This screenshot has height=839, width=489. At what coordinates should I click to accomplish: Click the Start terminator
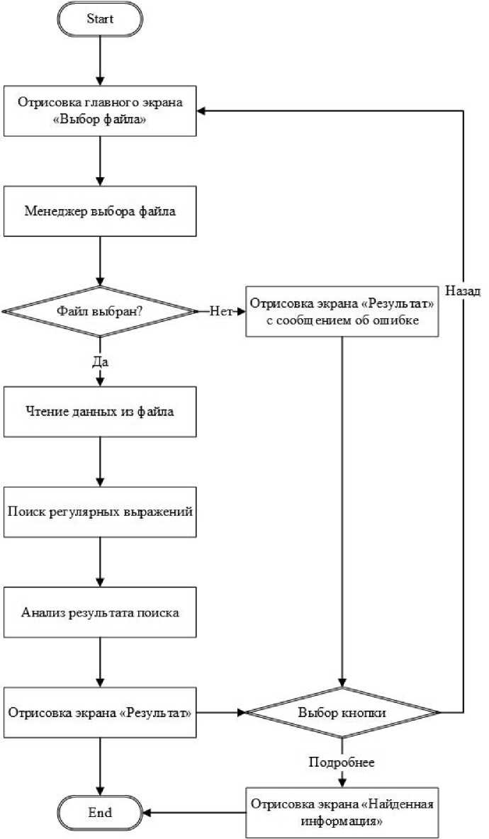tap(100, 20)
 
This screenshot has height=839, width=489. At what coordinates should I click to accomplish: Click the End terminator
tap(100, 813)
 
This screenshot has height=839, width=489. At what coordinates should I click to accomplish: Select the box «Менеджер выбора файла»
tap(100, 211)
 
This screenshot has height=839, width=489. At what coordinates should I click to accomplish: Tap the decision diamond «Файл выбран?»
tap(100, 311)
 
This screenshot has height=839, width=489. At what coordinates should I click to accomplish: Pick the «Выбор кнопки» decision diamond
tap(342, 713)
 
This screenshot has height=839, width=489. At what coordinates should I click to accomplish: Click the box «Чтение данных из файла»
tap(100, 412)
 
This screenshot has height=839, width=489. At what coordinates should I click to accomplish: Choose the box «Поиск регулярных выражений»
tap(100, 512)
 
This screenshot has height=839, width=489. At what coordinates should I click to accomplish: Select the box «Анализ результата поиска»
tap(100, 612)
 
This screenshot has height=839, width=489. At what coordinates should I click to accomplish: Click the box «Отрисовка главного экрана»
tap(100, 111)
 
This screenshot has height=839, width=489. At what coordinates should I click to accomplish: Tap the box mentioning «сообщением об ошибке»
tap(342, 311)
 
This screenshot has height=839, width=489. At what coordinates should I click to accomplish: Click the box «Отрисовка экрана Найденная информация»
tap(342, 813)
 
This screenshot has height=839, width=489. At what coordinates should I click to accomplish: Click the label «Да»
tap(100, 362)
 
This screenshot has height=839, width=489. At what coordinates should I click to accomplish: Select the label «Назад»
tap(463, 291)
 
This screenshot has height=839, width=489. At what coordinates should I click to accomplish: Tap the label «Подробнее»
tap(342, 763)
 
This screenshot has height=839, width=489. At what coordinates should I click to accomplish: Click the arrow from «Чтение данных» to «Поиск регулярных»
tap(100, 462)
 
